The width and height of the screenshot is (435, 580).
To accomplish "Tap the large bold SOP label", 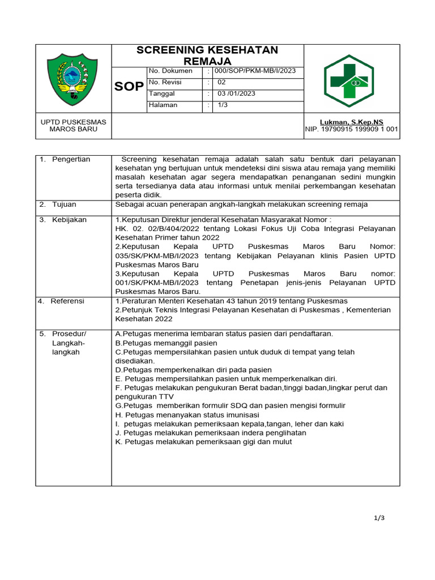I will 129,87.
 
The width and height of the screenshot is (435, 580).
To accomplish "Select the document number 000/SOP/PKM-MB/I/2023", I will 257,71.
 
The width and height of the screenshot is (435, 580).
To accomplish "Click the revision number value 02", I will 221,83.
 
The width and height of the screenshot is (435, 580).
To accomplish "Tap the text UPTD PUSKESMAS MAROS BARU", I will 73,125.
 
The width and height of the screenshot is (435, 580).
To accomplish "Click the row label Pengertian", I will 71,160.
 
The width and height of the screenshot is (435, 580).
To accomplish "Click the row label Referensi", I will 67,301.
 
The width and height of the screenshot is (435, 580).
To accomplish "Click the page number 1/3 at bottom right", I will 379,517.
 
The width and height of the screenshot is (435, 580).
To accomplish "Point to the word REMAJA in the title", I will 207,61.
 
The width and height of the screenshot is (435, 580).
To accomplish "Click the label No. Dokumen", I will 170,71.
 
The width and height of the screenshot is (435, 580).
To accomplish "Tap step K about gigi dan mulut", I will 203,442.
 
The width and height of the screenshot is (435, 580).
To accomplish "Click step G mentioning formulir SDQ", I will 230,406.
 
